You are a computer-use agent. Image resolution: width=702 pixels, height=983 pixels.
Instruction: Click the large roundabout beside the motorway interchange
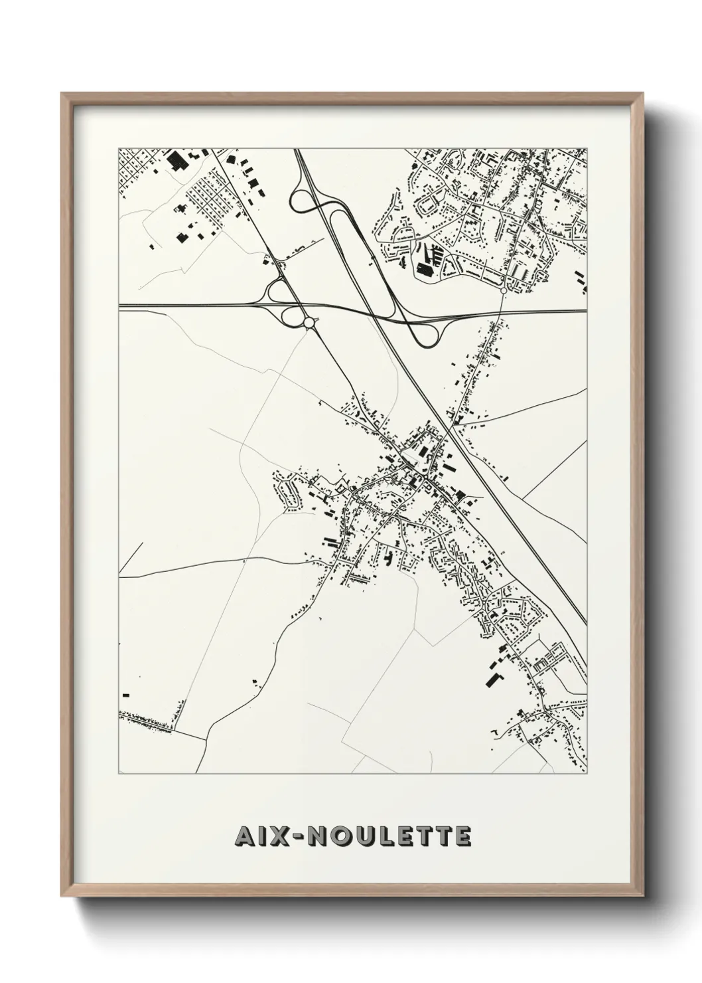click(x=309, y=323)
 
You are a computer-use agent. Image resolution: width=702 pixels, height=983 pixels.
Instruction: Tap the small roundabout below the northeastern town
click(x=504, y=290)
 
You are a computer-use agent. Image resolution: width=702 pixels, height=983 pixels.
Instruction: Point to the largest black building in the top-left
click(x=176, y=161)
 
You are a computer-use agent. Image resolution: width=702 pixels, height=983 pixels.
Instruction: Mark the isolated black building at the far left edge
click(x=125, y=695)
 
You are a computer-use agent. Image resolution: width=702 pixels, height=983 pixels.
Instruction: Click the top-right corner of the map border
click(x=587, y=148)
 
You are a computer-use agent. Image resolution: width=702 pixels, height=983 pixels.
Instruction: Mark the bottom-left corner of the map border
click(x=119, y=774)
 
